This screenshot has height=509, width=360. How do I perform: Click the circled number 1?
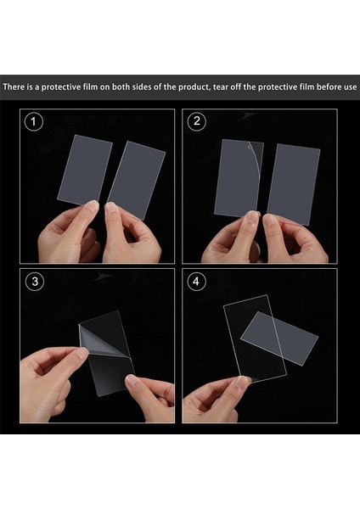coord(33,121)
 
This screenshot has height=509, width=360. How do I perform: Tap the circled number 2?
coord(197,121)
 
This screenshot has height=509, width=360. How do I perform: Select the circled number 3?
coord(35,281)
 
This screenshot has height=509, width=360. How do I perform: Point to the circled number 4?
coord(196,281)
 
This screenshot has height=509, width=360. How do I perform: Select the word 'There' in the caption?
coord(14,87)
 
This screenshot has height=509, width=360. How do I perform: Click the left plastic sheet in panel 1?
coord(85,170)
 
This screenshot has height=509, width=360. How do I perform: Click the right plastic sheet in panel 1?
coord(137,180)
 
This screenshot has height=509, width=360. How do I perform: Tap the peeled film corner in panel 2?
coord(256,155)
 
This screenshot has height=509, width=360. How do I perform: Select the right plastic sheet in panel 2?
coord(294,184)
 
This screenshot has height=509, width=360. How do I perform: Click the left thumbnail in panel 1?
coord(93,205)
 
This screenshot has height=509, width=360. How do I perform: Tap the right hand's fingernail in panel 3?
coord(132,379)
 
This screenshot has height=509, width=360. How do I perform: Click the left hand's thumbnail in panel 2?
coord(252,216)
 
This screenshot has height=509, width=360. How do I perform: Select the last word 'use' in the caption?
coord(350,87)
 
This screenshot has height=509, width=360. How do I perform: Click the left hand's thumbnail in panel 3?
coord(82,352)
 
